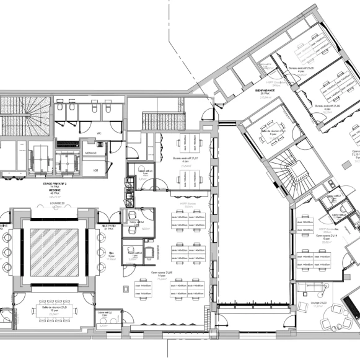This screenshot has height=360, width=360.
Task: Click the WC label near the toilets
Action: (x=99, y=133)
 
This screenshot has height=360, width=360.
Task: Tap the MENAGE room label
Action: (x=90, y=153)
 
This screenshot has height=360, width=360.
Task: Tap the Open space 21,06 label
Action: (x=161, y=271)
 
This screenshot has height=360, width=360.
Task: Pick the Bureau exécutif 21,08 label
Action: (x=302, y=69)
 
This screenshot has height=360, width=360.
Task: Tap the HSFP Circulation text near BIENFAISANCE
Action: (x=274, y=81)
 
